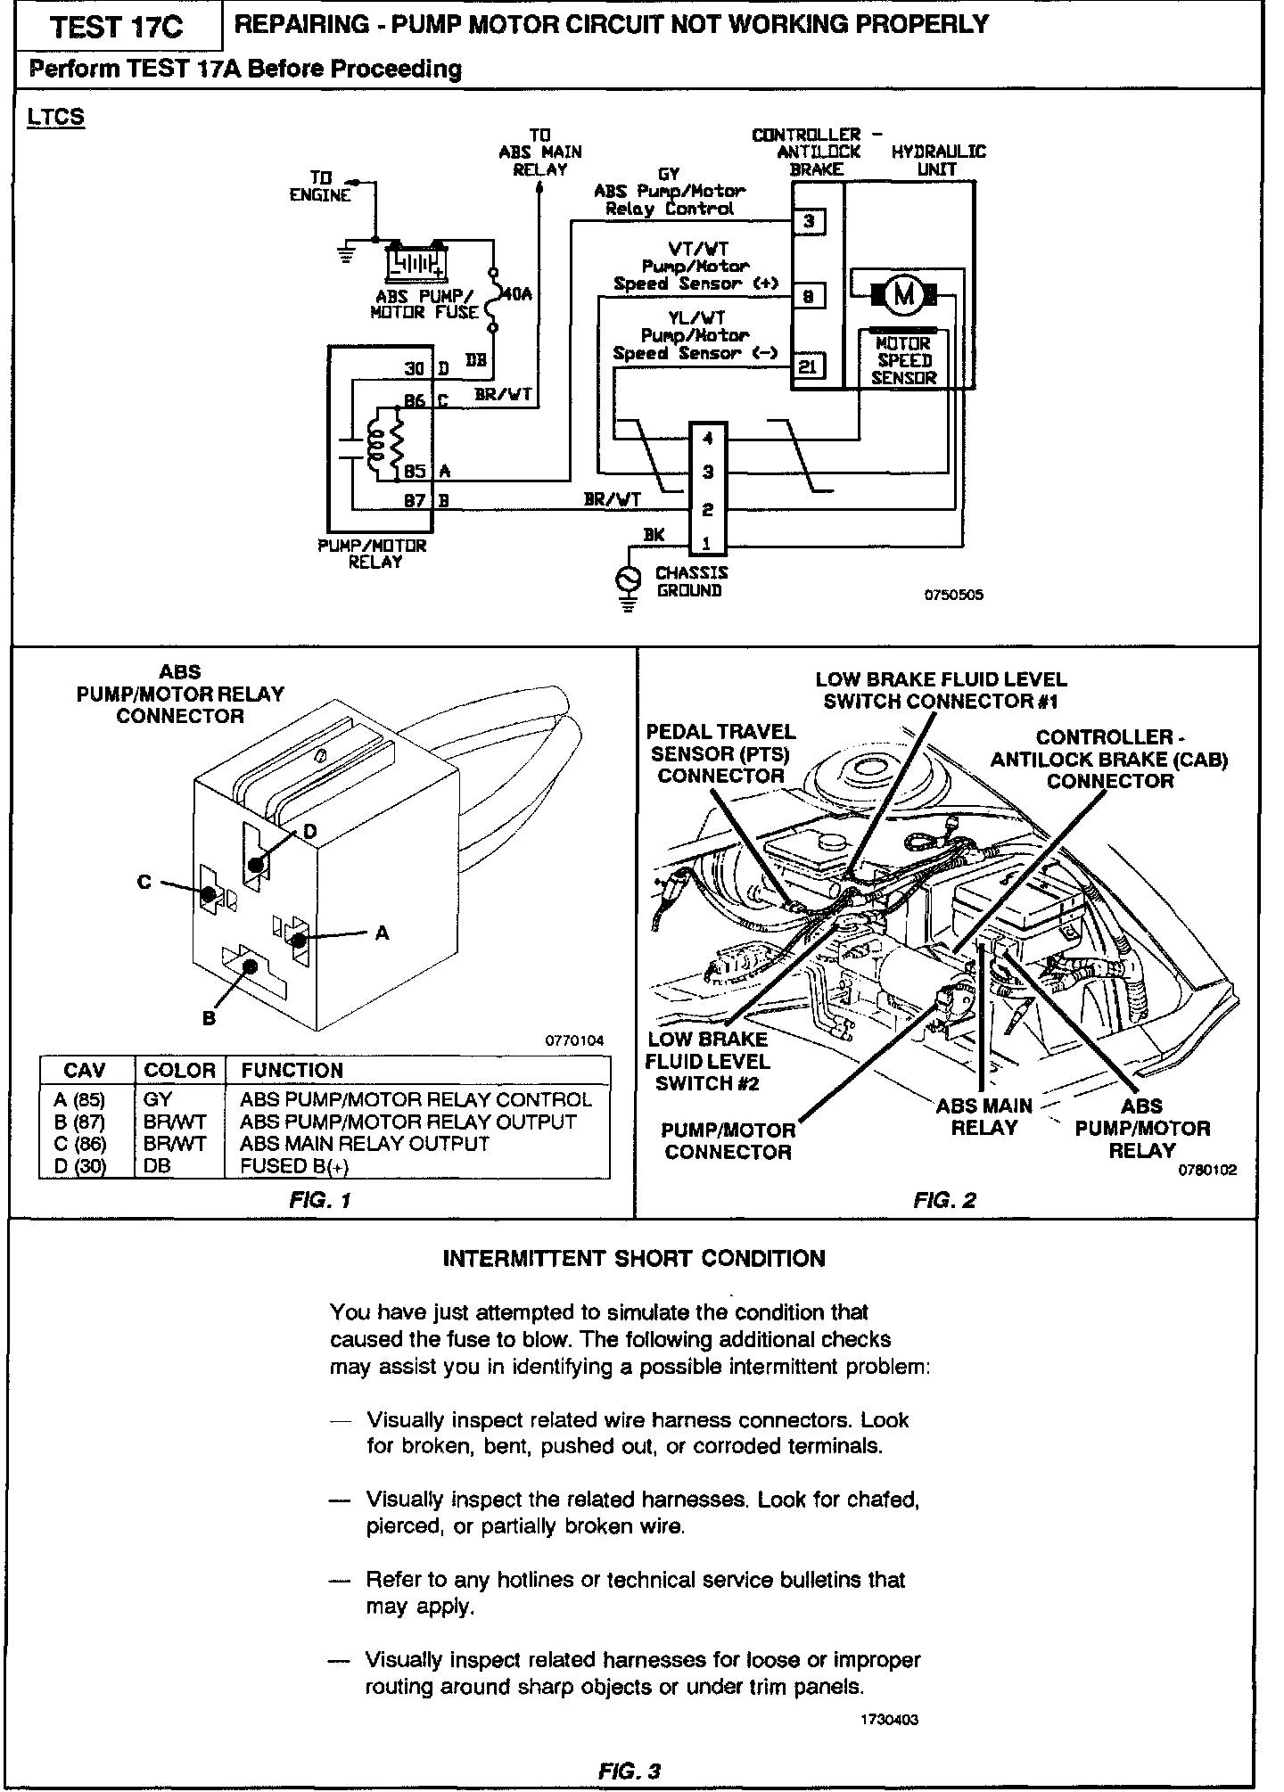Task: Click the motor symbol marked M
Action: coord(905,292)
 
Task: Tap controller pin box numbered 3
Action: coord(809,221)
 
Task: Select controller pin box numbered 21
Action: coord(809,366)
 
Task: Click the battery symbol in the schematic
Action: coord(415,262)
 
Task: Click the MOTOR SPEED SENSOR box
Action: coord(904,360)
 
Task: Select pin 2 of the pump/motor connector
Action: coord(708,510)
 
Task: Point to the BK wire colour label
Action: coord(654,534)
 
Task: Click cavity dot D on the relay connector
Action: coord(258,864)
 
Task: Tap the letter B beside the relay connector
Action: coord(209,1018)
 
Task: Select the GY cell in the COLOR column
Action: coord(158,1099)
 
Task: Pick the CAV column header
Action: coord(85,1070)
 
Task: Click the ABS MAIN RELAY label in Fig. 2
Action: coord(984,1117)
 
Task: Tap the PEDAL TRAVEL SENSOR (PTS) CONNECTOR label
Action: coord(720,753)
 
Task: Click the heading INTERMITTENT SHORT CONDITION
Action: coord(634,1259)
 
